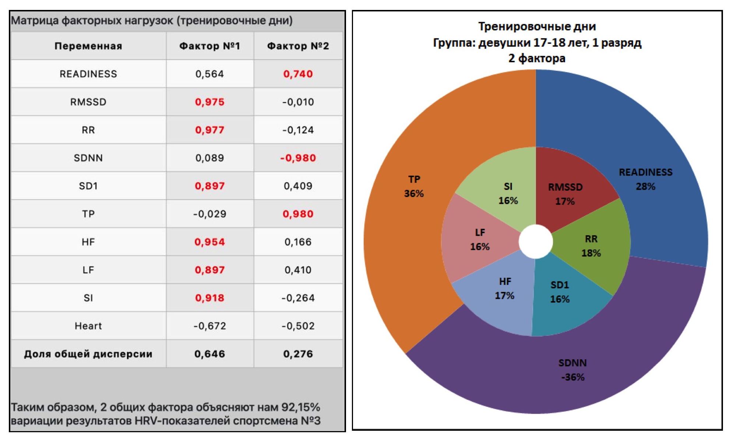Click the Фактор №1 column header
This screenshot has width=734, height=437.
[209, 46]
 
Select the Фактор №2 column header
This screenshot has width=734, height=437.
[298, 46]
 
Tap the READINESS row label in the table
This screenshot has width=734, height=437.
[88, 74]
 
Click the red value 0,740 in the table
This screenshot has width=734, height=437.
[298, 74]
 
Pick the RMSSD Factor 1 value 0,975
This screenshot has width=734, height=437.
[209, 102]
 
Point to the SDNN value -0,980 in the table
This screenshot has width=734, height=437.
[298, 158]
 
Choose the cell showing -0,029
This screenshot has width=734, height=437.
[209, 214]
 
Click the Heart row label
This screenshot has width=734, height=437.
[88, 326]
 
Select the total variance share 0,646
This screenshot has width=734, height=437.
[209, 354]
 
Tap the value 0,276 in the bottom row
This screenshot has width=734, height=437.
[298, 354]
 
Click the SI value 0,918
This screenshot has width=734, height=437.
[209, 298]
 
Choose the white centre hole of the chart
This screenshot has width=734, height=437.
[536, 242]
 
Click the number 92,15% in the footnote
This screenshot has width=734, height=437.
[300, 407]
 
